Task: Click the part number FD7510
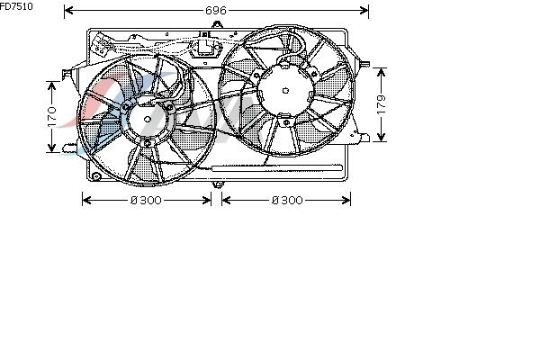click(x=16, y=6)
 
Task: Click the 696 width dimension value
click(x=216, y=11)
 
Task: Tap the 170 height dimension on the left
click(x=52, y=117)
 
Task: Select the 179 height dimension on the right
click(x=381, y=104)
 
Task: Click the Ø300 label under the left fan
click(x=146, y=200)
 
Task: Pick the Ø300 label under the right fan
click(x=287, y=200)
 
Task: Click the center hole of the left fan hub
click(x=148, y=120)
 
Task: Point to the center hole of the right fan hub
click(x=285, y=91)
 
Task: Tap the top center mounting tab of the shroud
click(x=217, y=25)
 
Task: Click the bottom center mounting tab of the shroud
click(x=218, y=184)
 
